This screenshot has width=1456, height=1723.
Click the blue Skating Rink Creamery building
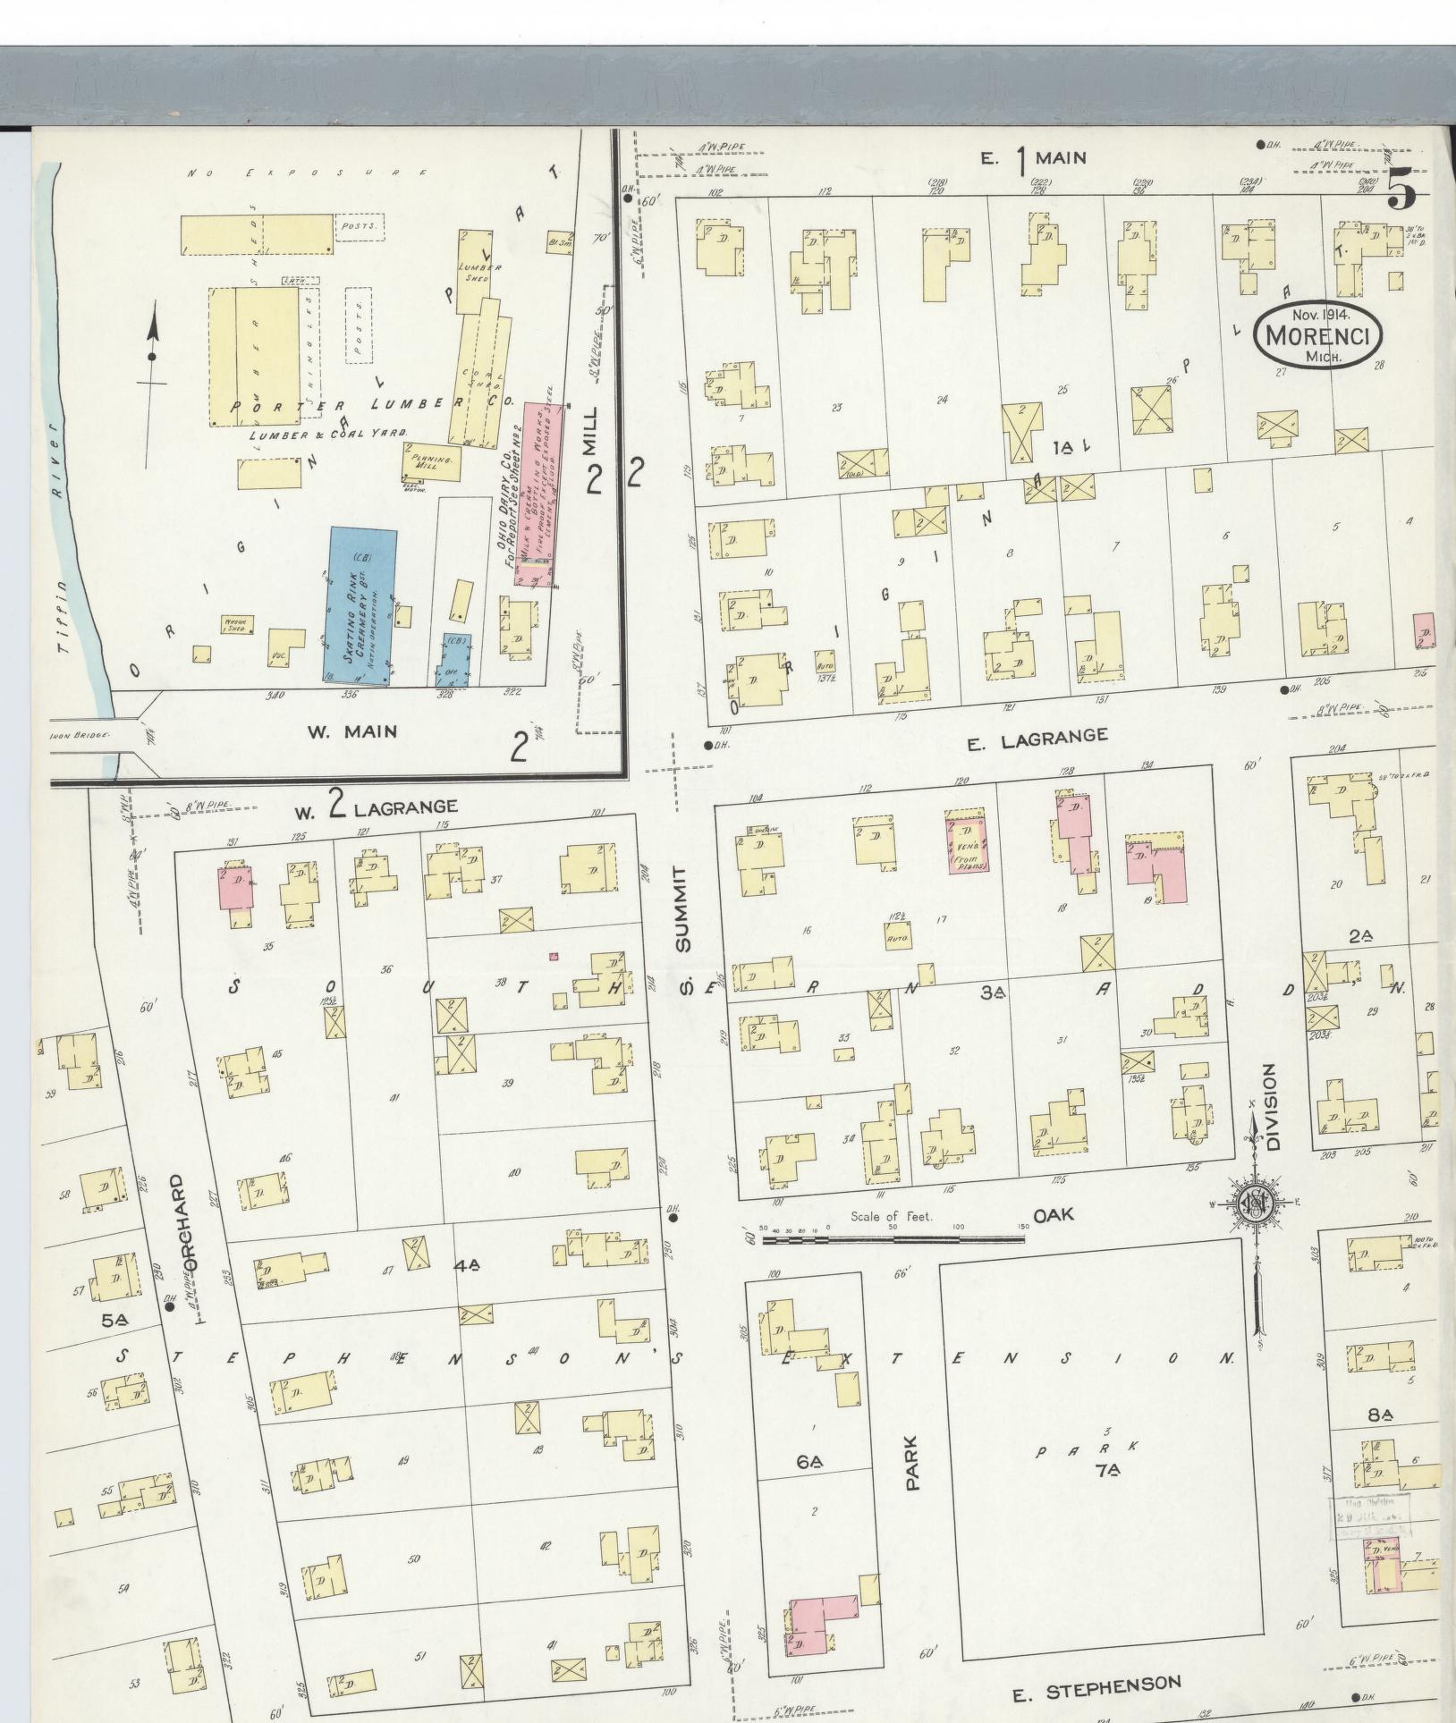[360, 606]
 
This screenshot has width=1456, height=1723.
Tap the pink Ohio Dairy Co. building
[534, 494]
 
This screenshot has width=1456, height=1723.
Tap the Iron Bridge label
[80, 736]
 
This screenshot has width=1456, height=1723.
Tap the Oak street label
[1054, 1216]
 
